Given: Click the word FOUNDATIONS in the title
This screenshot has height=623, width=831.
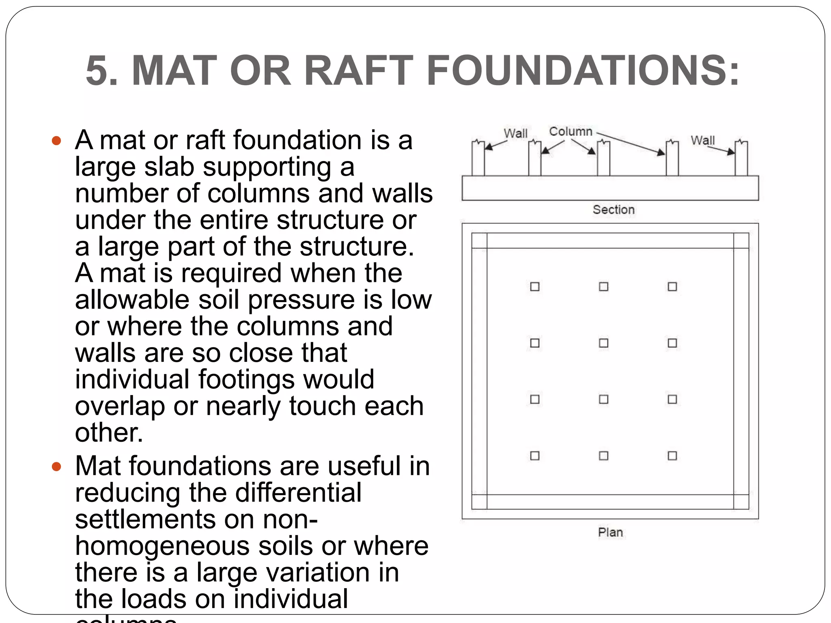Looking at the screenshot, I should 583,71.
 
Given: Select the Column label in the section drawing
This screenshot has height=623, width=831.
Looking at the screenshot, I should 571,131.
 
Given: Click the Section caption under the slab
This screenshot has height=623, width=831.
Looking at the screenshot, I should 614,210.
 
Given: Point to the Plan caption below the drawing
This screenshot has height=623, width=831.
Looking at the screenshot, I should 610,532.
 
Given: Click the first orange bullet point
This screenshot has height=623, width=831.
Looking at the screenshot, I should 56,141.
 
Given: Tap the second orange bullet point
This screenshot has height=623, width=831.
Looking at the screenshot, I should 56,467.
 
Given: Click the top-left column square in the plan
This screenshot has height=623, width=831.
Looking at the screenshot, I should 535,287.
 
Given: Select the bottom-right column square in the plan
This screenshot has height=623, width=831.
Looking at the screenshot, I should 672,455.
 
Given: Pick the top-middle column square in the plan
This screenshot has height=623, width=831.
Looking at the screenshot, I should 604,287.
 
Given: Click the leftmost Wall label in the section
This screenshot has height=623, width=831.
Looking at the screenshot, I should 515,133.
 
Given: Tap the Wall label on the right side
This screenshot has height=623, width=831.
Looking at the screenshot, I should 702,140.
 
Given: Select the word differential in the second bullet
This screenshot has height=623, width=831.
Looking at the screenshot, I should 298,492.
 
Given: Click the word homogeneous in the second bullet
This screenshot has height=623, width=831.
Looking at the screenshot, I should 162,546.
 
